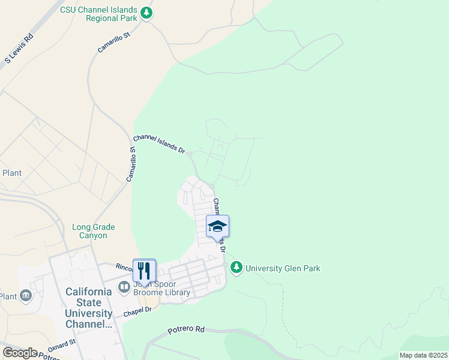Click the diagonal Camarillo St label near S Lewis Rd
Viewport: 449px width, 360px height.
pyautogui.click(x=114, y=43)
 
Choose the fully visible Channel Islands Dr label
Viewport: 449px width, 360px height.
pyautogui.click(x=159, y=143)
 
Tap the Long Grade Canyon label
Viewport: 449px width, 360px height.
pyautogui.click(x=93, y=231)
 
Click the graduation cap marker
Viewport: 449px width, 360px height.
pyautogui.click(x=217, y=227)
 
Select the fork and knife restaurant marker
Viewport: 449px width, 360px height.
pyautogui.click(x=144, y=271)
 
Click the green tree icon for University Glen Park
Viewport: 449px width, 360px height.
pyautogui.click(x=237, y=267)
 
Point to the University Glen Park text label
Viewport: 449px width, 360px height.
pyautogui.click(x=283, y=268)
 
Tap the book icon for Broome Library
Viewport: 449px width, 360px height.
pyautogui.click(x=124, y=286)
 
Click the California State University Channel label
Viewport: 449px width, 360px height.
pyautogui.click(x=88, y=308)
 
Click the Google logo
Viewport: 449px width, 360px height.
pyautogui.click(x=20, y=353)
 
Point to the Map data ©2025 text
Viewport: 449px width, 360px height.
pyautogui.click(x=423, y=355)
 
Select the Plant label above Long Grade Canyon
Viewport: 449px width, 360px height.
pyautogui.click(x=12, y=173)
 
